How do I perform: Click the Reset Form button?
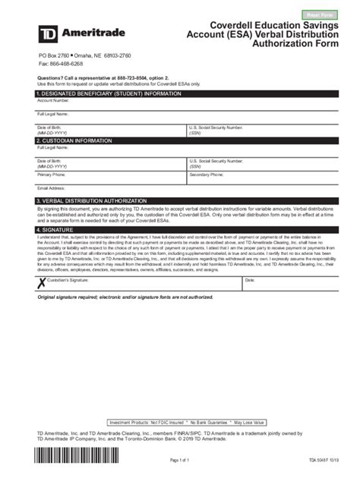[319, 14]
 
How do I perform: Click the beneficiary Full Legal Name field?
[179, 117]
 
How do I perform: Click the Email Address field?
[179, 190]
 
